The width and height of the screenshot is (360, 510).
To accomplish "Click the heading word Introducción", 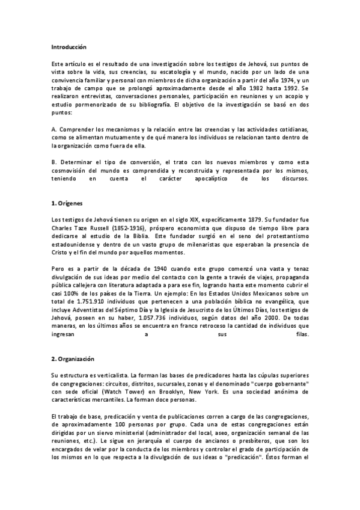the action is pyautogui.click(x=69, y=46).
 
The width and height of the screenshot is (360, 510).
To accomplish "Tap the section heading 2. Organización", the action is pyautogui.click(x=73, y=358).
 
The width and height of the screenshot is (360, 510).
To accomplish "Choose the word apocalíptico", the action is pyautogui.click(x=197, y=178).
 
